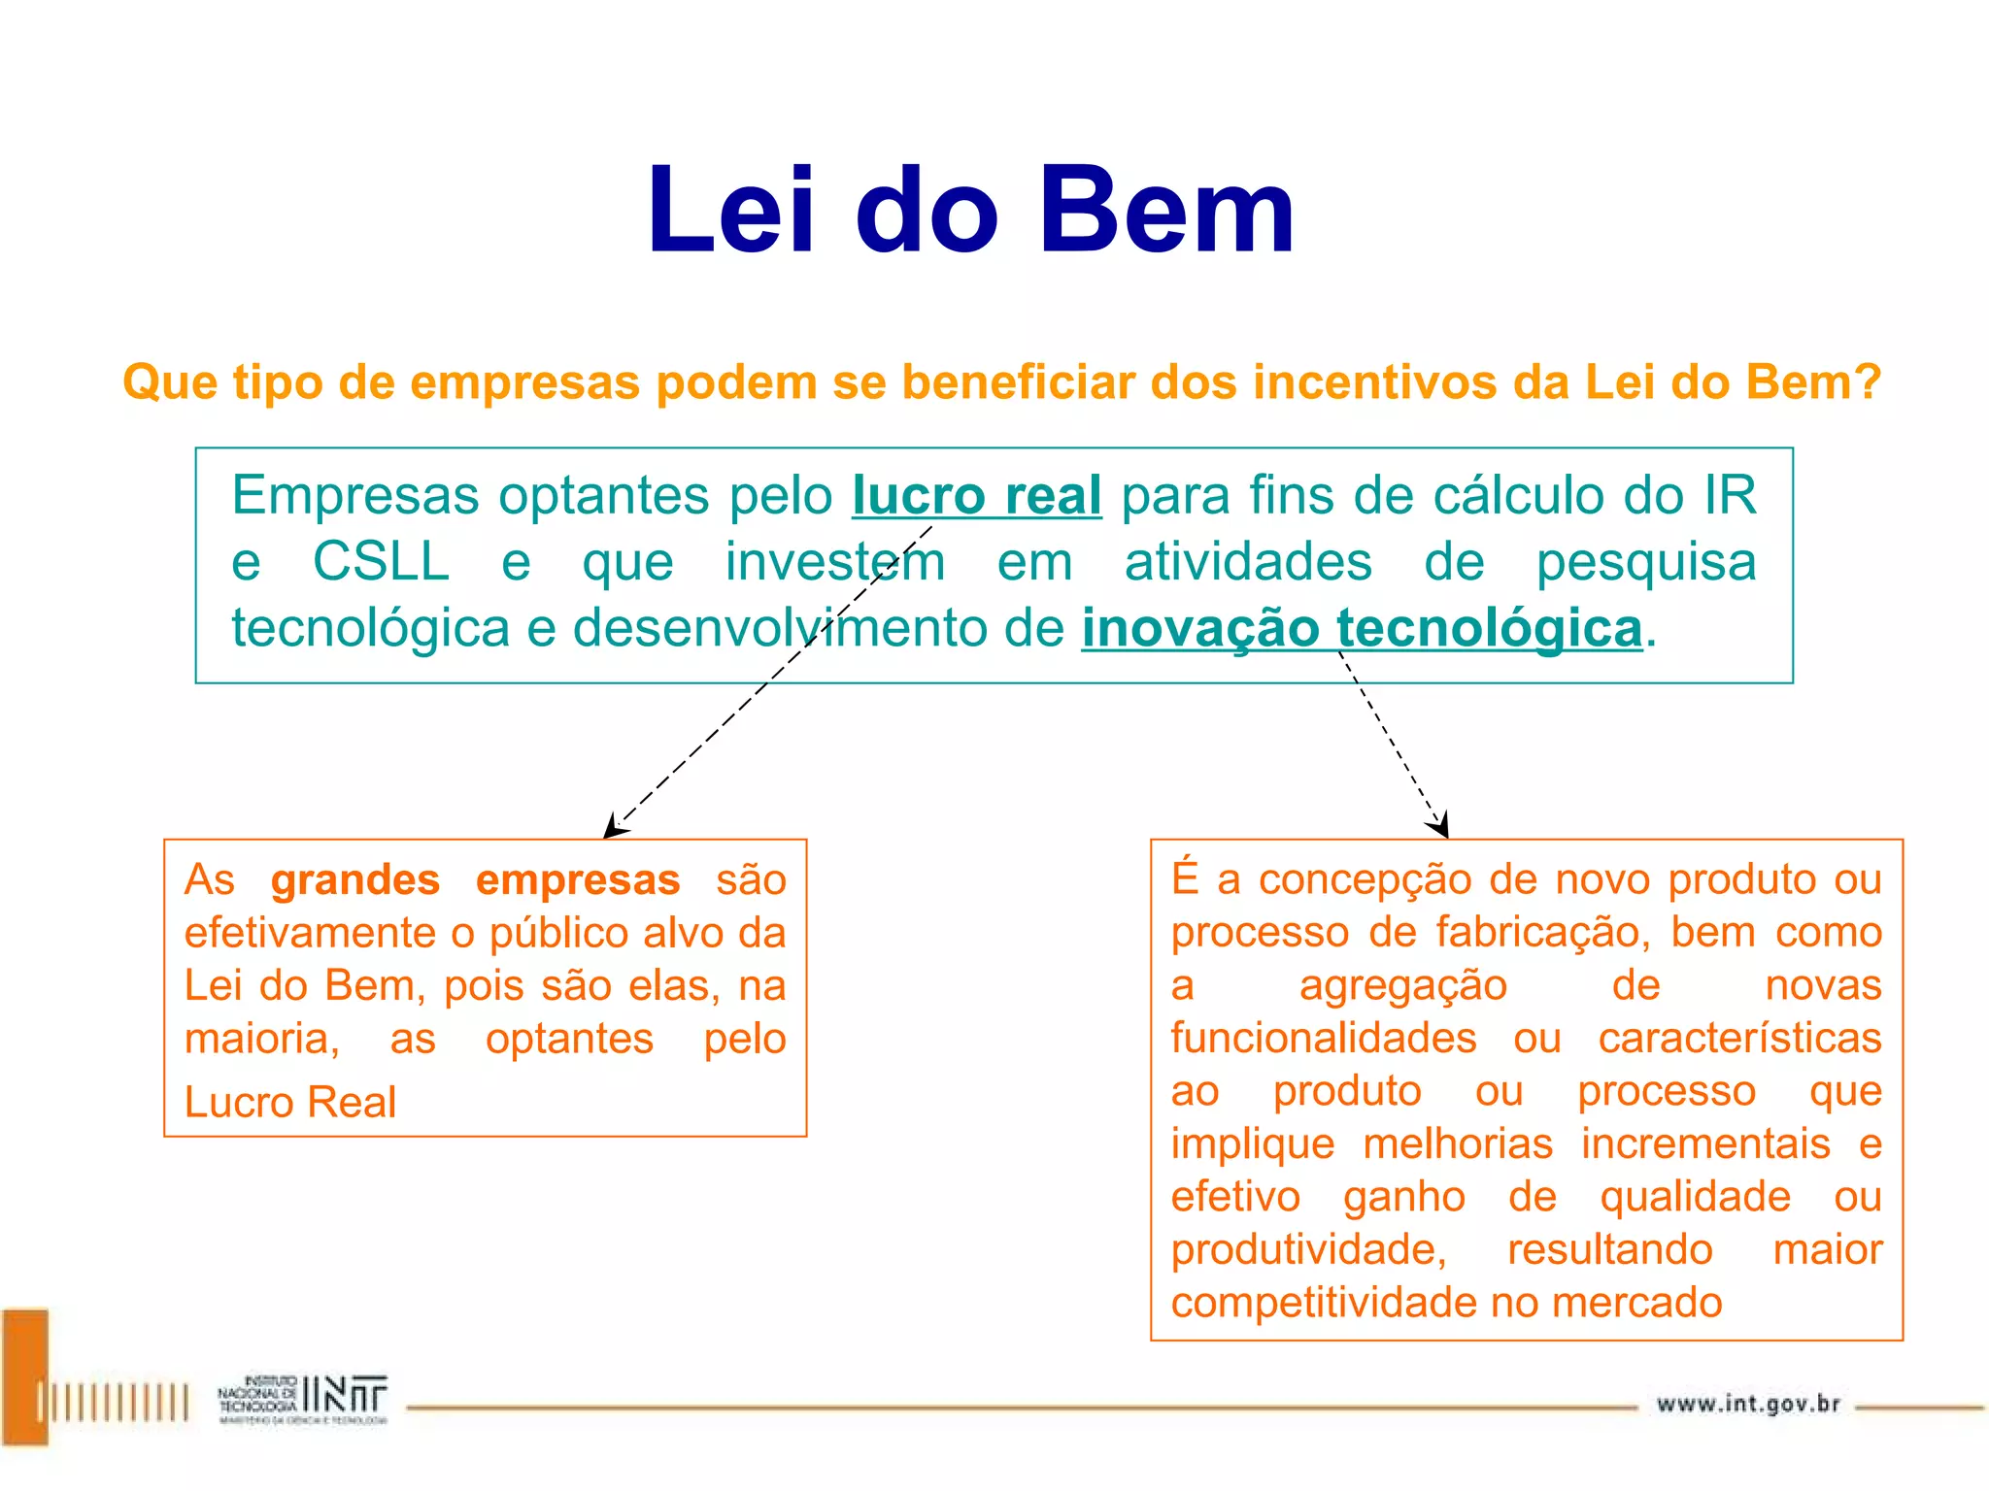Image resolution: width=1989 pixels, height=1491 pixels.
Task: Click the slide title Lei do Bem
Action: point(971,211)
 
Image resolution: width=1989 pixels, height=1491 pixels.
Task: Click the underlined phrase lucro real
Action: point(976,495)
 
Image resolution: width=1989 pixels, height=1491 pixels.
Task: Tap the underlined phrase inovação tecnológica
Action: point(1362,627)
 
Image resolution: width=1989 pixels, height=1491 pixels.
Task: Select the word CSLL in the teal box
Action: point(381,561)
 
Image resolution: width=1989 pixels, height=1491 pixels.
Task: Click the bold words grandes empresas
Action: point(475,879)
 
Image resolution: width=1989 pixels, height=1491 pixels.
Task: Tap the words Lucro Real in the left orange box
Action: point(290,1102)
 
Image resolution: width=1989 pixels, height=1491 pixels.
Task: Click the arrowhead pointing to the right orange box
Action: point(1439,825)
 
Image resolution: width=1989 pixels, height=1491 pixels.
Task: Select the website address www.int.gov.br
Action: point(1748,1404)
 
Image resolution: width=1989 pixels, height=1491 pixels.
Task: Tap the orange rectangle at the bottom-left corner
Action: point(24,1376)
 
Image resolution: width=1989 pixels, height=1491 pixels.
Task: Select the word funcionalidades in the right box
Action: point(1323,1038)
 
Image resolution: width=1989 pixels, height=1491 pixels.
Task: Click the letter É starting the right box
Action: point(1185,878)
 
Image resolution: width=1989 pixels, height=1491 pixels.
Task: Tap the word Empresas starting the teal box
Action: point(355,495)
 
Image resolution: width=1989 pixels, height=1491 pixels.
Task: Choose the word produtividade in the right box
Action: point(1307,1249)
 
